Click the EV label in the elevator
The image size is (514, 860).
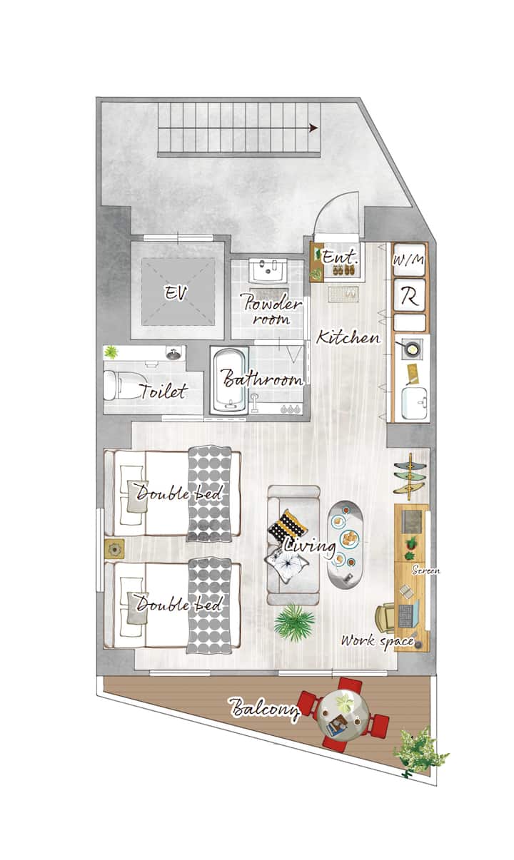click(176, 293)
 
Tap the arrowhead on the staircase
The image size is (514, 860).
click(314, 128)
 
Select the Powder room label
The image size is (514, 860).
click(271, 309)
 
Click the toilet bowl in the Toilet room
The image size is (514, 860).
click(120, 384)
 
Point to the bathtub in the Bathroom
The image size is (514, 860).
click(229, 380)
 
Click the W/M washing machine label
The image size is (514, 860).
click(409, 260)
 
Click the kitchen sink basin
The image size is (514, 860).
click(414, 403)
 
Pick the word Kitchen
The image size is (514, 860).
click(348, 337)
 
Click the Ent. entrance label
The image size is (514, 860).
click(341, 257)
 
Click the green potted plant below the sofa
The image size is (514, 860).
click(293, 623)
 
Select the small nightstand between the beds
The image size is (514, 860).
click(114, 548)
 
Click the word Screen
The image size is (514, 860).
click(426, 570)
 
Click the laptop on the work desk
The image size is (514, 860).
click(408, 614)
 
